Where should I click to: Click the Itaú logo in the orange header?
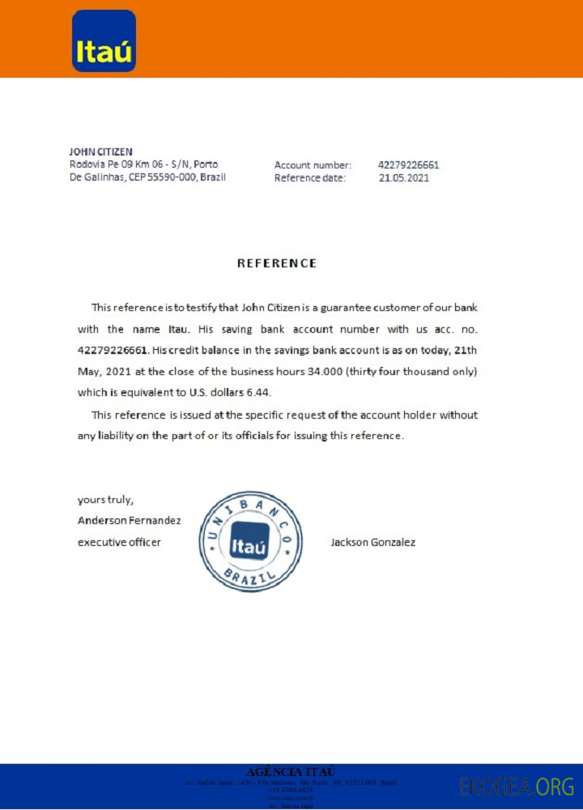click(x=104, y=41)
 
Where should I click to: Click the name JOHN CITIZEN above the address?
click(x=101, y=151)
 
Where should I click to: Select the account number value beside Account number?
click(x=409, y=165)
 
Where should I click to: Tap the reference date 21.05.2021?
click(x=404, y=178)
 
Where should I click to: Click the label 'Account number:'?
click(x=313, y=165)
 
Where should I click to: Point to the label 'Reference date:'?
click(x=310, y=178)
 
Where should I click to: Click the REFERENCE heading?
click(x=276, y=263)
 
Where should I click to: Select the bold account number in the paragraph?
click(x=113, y=351)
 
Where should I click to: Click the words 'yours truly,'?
click(x=105, y=500)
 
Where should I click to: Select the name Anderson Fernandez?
click(x=129, y=520)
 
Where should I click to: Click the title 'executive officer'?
click(x=119, y=542)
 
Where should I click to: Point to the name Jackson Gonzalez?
click(x=373, y=542)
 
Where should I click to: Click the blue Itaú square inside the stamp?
click(x=249, y=542)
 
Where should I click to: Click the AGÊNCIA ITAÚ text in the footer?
click(x=290, y=771)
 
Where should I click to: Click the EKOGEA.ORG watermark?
click(x=517, y=787)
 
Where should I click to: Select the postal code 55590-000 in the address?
click(x=171, y=177)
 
